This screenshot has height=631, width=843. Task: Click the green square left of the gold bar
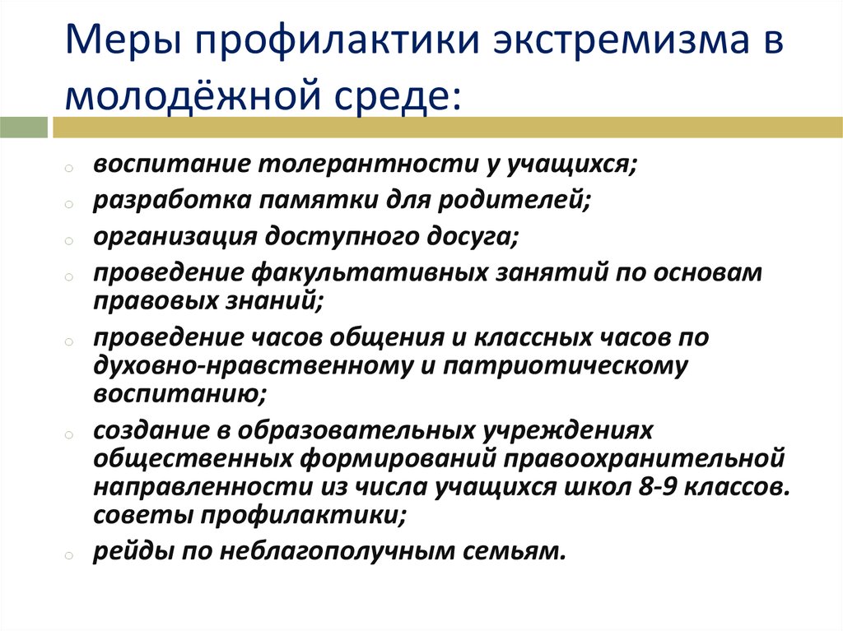point(24,128)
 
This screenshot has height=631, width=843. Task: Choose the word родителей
point(514,200)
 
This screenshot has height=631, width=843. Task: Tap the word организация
point(175,236)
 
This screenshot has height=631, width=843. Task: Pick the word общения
point(387,337)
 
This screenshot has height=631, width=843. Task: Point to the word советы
point(143,515)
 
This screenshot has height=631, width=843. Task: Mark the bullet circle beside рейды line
point(69,556)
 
